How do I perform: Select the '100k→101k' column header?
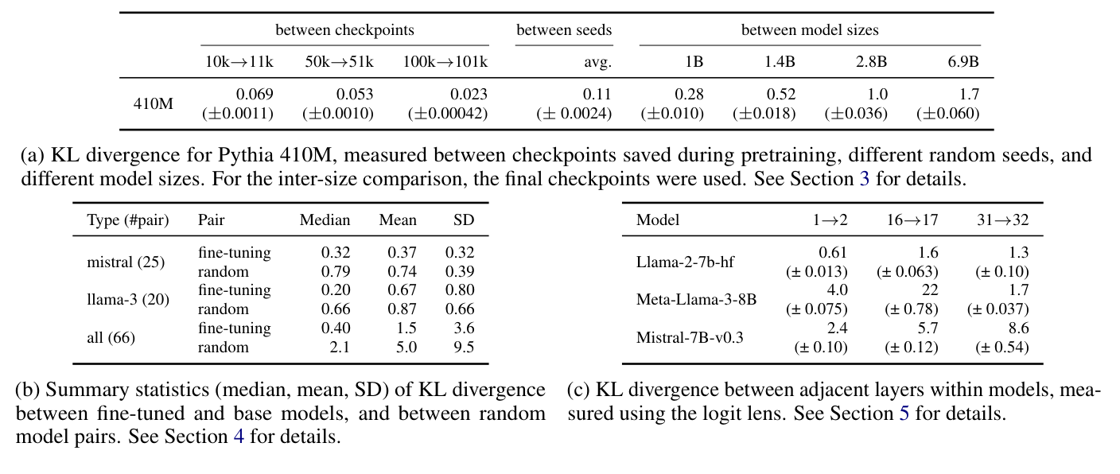click(x=445, y=61)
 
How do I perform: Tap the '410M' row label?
click(x=153, y=103)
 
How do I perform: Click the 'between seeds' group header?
click(x=564, y=30)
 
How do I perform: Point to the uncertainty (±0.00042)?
click(x=448, y=114)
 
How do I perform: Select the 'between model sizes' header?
click(x=810, y=30)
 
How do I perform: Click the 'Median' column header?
click(x=325, y=220)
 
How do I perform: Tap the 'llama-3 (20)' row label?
click(x=128, y=299)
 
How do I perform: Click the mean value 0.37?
click(x=402, y=253)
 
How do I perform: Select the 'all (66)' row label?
click(x=111, y=337)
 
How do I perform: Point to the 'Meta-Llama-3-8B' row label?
click(x=696, y=299)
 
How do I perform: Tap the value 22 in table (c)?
click(x=928, y=290)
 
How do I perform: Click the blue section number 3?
click(x=865, y=178)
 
